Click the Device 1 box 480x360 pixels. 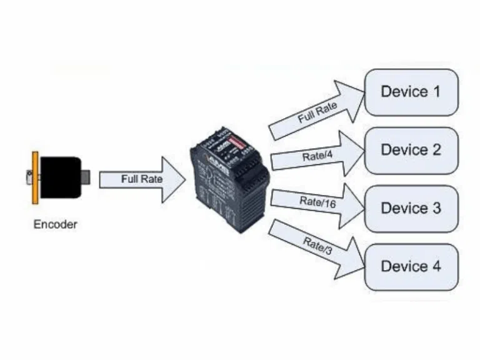click(x=411, y=92)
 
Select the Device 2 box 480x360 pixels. click(x=411, y=150)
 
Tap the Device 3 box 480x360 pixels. click(x=411, y=207)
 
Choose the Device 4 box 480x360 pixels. click(x=411, y=266)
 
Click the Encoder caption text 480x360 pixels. click(x=56, y=224)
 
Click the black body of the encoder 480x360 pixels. click(x=61, y=177)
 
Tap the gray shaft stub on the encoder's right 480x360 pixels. click(x=86, y=177)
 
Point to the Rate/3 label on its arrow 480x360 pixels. click(x=316, y=245)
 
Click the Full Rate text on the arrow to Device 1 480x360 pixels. click(x=316, y=114)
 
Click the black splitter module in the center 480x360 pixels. click(x=229, y=181)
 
